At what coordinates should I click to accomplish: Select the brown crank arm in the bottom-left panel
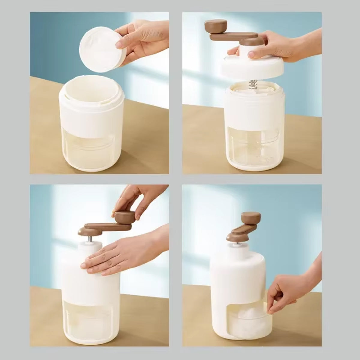coord(105,227)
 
